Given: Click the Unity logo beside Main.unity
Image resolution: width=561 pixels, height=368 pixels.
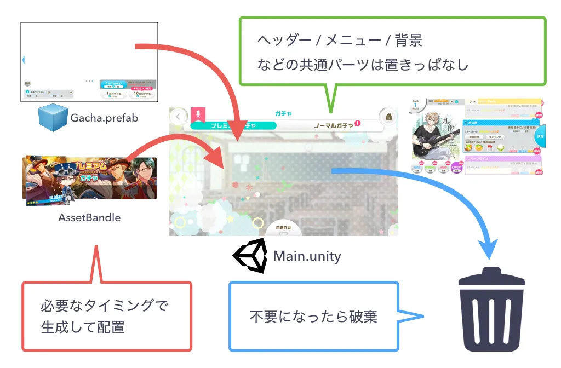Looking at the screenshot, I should (250, 256).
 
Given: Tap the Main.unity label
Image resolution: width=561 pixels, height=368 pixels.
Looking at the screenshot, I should (307, 256).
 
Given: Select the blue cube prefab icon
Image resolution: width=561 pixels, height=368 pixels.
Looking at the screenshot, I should (53, 117).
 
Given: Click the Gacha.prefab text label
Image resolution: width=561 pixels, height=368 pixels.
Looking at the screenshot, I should (104, 117).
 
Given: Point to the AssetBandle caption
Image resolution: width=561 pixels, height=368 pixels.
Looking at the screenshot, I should (89, 217).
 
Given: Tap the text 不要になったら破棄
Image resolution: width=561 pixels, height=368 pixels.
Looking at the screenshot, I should (313, 317).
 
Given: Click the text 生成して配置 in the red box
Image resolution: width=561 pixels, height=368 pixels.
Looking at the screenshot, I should (83, 327).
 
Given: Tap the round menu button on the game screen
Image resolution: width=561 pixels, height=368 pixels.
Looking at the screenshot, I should (283, 229).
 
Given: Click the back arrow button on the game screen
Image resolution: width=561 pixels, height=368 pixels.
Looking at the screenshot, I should (178, 116).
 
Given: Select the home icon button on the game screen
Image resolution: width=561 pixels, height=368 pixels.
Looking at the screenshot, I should (387, 116).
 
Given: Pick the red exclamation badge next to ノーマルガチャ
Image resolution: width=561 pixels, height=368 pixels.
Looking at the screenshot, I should (358, 123).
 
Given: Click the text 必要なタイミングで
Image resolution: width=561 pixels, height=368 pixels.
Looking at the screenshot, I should (104, 306).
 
